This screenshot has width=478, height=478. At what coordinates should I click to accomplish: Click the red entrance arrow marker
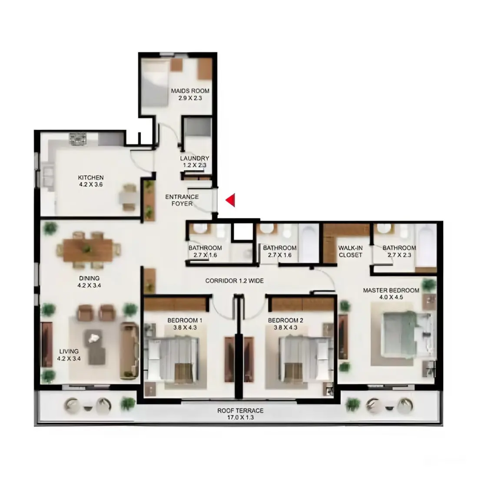point(231,200)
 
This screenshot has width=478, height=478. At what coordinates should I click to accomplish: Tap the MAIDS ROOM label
point(190,94)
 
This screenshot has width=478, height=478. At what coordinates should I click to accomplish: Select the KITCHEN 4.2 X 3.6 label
point(91,181)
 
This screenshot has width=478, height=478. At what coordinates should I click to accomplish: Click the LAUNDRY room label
point(194,162)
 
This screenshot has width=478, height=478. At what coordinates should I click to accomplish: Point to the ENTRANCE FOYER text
point(182,200)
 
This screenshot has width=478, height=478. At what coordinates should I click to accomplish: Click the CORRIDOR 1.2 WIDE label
point(234,281)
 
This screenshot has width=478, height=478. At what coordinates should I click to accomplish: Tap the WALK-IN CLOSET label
point(350,251)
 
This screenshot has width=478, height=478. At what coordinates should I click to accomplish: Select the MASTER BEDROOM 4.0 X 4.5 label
point(391,294)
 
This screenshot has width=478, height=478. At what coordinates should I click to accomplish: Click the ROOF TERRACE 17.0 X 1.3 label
point(240,414)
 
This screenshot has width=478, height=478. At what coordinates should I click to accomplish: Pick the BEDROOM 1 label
point(185,324)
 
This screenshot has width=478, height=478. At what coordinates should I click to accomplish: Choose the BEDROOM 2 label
point(285,324)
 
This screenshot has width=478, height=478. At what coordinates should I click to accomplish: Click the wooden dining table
point(88,250)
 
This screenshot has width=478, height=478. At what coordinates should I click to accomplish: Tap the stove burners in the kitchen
point(78,139)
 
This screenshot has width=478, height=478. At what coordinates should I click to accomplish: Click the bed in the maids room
point(155,83)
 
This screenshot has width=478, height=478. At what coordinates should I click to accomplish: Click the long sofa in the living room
point(129,349)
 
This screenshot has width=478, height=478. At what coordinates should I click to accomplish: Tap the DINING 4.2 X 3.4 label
point(89,282)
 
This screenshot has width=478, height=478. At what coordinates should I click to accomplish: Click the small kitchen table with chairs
point(129,198)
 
